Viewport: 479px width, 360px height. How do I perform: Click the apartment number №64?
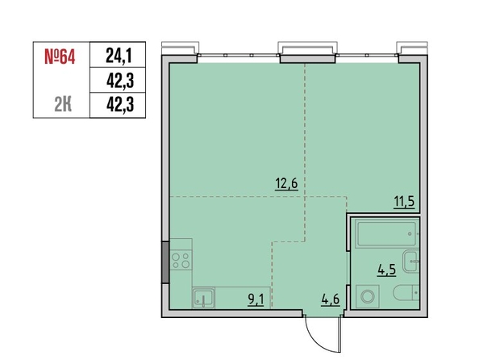[60, 57]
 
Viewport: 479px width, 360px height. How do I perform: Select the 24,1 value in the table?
[119, 56]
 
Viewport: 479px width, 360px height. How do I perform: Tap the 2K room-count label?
[63, 105]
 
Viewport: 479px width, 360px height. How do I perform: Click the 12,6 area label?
[286, 184]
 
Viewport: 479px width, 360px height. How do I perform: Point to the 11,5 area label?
[404, 202]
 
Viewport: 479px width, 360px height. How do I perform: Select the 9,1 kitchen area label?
[256, 299]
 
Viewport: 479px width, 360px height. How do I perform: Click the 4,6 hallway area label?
[331, 299]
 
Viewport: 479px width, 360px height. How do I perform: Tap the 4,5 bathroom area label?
[387, 270]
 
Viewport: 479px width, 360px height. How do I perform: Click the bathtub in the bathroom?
[386, 234]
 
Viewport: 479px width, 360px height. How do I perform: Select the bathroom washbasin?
[411, 262]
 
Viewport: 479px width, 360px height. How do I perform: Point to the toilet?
[406, 293]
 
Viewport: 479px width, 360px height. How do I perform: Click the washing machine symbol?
[368, 296]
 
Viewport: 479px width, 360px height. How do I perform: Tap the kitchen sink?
[203, 298]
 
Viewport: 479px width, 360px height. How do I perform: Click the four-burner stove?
[181, 260]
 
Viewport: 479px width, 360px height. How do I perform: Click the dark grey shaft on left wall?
[165, 262]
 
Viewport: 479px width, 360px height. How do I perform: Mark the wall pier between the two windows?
[307, 59]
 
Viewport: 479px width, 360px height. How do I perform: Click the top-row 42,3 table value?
[120, 81]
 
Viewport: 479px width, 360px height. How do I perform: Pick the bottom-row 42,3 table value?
[120, 105]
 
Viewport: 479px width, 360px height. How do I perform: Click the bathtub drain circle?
[410, 234]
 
